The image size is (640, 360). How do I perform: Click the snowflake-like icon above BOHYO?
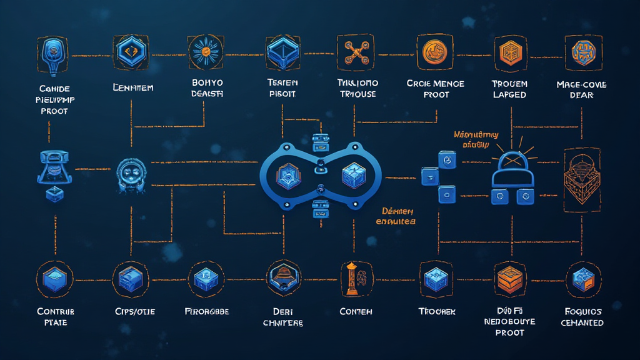pos(206,51)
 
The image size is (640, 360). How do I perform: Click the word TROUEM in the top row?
pos(509,84)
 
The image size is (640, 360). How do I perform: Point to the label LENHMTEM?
pos(133,88)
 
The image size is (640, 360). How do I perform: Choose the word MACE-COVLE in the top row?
pos(581,84)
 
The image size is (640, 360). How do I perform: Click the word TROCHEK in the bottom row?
pos(437,311)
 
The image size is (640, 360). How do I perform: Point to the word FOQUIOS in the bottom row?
pos(582,311)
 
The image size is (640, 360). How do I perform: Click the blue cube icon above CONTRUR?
pos(54,279)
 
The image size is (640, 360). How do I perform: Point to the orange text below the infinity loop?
pos(396,216)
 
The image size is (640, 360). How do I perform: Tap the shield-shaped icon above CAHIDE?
pos(54,52)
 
